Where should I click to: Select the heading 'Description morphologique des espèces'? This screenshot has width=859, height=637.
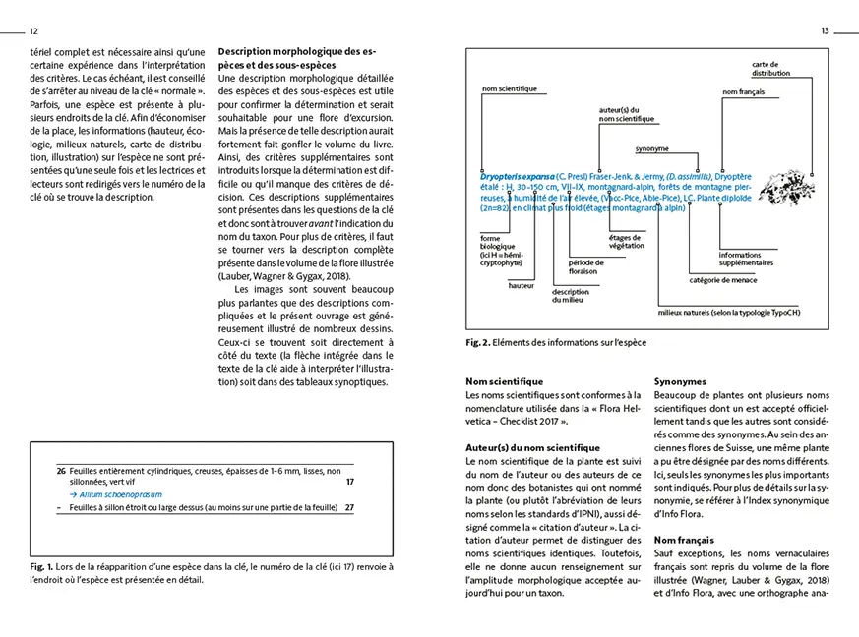click(x=295, y=57)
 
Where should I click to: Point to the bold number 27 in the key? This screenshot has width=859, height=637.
click(x=349, y=507)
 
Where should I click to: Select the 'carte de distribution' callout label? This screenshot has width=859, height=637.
click(x=771, y=68)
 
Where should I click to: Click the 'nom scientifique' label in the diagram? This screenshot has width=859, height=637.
click(x=509, y=90)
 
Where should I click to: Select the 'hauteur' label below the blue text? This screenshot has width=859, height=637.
click(x=521, y=285)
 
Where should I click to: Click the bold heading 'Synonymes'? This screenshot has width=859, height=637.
click(x=681, y=380)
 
